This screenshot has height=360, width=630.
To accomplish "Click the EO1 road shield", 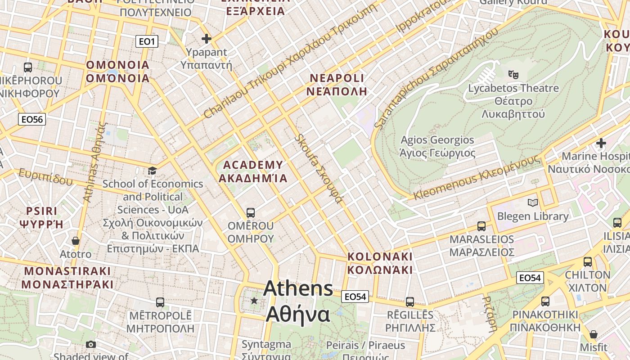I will click(147, 42).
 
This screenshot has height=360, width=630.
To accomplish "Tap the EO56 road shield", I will click(32, 119).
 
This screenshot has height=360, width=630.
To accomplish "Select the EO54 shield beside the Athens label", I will click(355, 296).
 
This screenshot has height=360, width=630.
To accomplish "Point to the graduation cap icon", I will click(153, 171).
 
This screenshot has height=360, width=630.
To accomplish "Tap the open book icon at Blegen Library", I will click(533, 203).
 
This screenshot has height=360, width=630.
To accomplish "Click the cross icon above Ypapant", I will click(207, 39).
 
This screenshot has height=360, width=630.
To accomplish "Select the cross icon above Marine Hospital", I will click(601, 143).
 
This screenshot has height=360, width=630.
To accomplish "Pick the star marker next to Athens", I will click(254, 300).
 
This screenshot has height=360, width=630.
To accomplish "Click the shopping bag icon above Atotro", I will click(76, 241).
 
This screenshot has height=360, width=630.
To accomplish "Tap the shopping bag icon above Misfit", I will click(594, 334).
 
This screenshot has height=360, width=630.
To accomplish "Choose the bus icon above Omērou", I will click(251, 212).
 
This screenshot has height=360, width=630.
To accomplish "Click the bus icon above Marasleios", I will click(481, 226).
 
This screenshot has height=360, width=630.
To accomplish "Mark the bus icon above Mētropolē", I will click(160, 302).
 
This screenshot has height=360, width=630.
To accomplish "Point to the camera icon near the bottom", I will click(91, 344).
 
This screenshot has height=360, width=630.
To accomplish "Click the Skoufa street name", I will click(319, 168).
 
